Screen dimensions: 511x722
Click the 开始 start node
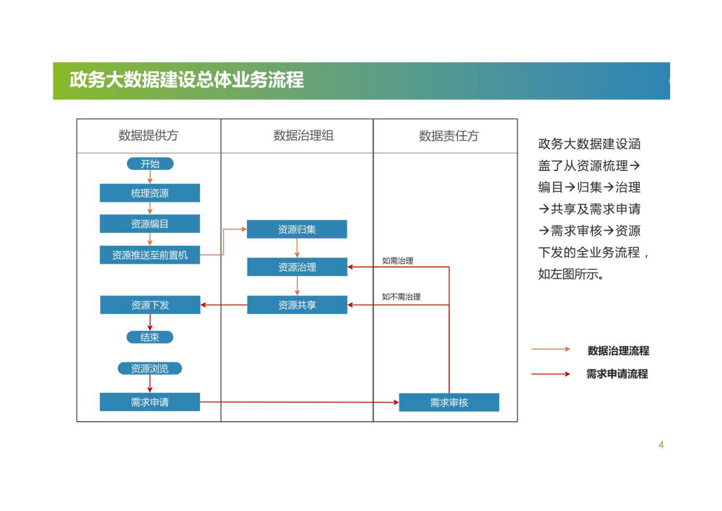coord(150,164)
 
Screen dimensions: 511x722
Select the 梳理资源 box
coord(150,193)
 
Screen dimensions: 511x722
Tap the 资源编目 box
coord(150,224)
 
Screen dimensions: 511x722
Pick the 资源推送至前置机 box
coord(150,255)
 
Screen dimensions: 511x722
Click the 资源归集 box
coord(297,229)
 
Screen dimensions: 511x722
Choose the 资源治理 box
coord(297,267)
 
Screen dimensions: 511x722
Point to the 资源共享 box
coord(297,305)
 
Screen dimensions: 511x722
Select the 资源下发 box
coord(150,305)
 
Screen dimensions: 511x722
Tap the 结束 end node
coord(150,337)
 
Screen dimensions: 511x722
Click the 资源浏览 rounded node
coord(150,368)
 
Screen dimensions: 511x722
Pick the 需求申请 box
coord(150,402)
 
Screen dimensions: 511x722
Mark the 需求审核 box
coord(449,402)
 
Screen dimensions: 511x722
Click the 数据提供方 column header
coord(148,135)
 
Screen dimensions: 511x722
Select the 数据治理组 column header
coord(303,135)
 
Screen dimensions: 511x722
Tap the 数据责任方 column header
coord(449,136)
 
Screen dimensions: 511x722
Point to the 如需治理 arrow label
coord(398,261)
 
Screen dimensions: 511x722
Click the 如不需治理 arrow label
coord(401,297)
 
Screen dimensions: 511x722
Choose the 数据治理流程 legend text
coord(618,351)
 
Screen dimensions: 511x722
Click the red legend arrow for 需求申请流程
coord(550,374)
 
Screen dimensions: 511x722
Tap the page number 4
coord(661,445)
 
